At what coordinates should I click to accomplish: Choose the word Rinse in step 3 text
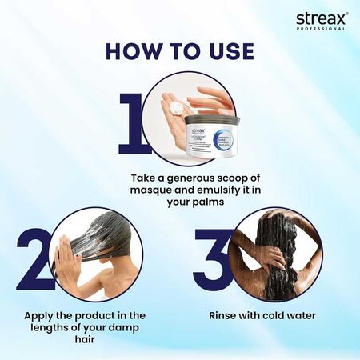(222, 316)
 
